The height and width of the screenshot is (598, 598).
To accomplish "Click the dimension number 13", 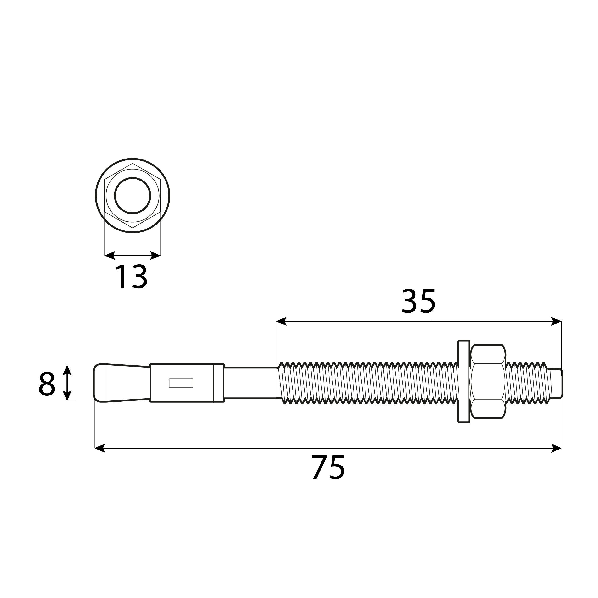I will coord(131,277).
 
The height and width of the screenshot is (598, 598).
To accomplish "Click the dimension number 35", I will coord(418,301).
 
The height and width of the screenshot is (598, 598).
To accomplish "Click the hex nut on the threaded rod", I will coord(488,381).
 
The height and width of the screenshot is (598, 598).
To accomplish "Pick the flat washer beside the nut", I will coord(464,381).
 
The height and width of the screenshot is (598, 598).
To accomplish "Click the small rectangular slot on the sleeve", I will coord(181,383).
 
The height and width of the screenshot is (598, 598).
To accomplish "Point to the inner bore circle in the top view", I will coord(133,196).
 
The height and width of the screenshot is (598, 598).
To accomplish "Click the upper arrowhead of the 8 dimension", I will coord(67,370).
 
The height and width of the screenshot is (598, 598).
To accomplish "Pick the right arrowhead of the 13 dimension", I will coord(155,255).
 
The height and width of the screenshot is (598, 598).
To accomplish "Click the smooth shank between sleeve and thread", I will coord(250,383).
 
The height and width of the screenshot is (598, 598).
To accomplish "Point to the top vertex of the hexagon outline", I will coord(133,164).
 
